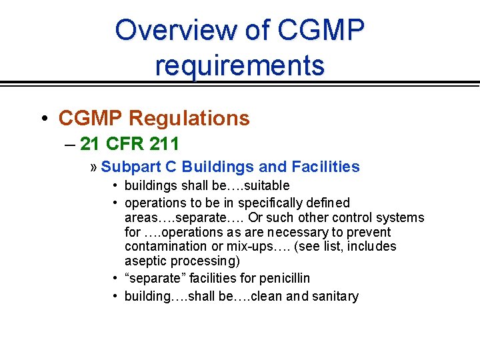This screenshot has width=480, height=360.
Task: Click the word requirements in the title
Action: [x=239, y=65]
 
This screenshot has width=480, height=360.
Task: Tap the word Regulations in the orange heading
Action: [x=189, y=119]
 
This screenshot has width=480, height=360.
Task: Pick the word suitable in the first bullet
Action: [x=267, y=186]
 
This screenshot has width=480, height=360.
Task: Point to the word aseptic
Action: [x=144, y=261]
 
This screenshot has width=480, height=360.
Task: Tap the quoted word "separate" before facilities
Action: [x=152, y=279]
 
